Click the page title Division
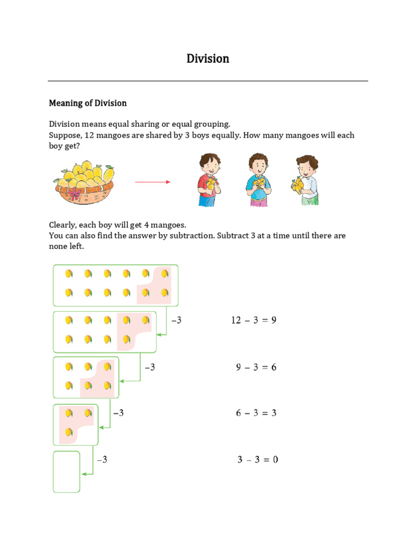click(x=208, y=59)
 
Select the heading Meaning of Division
click(x=88, y=103)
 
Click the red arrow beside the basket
click(x=152, y=182)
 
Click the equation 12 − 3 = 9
click(x=253, y=320)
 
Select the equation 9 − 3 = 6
click(x=256, y=367)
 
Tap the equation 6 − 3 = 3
click(x=256, y=413)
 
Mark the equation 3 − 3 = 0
click(x=257, y=460)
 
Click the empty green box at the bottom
click(x=67, y=472)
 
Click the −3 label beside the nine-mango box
click(x=176, y=320)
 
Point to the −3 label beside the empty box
click(x=102, y=460)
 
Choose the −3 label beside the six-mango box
click(x=149, y=367)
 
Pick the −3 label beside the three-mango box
click(x=118, y=413)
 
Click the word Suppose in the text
click(x=65, y=135)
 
